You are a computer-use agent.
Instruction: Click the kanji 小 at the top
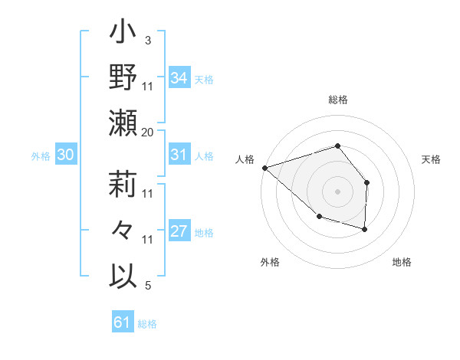[x=123, y=34]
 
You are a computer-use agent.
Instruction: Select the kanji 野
[x=123, y=79]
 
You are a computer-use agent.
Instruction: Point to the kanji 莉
[x=123, y=185]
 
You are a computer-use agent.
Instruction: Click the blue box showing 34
[x=179, y=78]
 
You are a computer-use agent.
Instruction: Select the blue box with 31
[x=179, y=155]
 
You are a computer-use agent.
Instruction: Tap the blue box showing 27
[x=179, y=231]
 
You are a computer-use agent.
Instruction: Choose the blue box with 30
[x=65, y=155]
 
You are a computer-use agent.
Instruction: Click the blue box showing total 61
[x=122, y=322]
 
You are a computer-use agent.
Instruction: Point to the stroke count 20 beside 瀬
[x=148, y=133]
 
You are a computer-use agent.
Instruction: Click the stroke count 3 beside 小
[x=147, y=40]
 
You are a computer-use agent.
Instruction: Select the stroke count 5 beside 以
[x=147, y=286]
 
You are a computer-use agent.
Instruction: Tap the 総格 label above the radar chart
[x=337, y=100]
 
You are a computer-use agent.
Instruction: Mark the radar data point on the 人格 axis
[x=264, y=168]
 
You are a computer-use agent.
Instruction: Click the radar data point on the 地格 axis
[x=365, y=229]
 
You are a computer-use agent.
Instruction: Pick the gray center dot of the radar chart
[x=337, y=191]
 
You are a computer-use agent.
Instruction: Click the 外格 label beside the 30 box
[x=41, y=156]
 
